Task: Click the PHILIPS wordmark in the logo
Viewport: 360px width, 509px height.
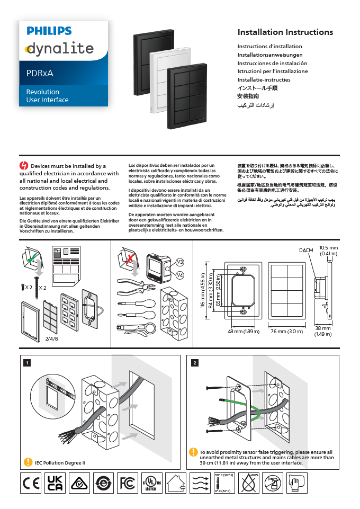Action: point(49,31)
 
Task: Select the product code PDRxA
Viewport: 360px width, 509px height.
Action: point(40,73)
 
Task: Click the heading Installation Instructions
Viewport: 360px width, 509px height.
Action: point(285,32)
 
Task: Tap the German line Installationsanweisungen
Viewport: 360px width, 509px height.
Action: point(270,55)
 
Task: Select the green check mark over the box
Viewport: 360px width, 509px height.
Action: point(32,258)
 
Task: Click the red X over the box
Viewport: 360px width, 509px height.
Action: point(128,258)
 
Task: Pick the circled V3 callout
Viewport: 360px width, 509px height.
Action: point(180,262)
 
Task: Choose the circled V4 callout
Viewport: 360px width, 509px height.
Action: point(180,275)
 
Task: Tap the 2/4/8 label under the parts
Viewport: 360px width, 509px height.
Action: point(52,338)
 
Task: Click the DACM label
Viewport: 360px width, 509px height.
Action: point(306,250)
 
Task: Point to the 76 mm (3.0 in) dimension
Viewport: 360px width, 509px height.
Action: point(286,332)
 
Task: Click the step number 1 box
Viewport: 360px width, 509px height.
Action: point(27,363)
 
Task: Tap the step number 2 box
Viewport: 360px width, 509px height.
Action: point(195,363)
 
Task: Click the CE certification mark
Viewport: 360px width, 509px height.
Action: point(31,483)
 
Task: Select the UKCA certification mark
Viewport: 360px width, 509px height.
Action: point(55,483)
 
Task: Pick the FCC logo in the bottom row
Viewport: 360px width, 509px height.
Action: point(127,483)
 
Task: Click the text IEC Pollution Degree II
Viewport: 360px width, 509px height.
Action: point(60,462)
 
